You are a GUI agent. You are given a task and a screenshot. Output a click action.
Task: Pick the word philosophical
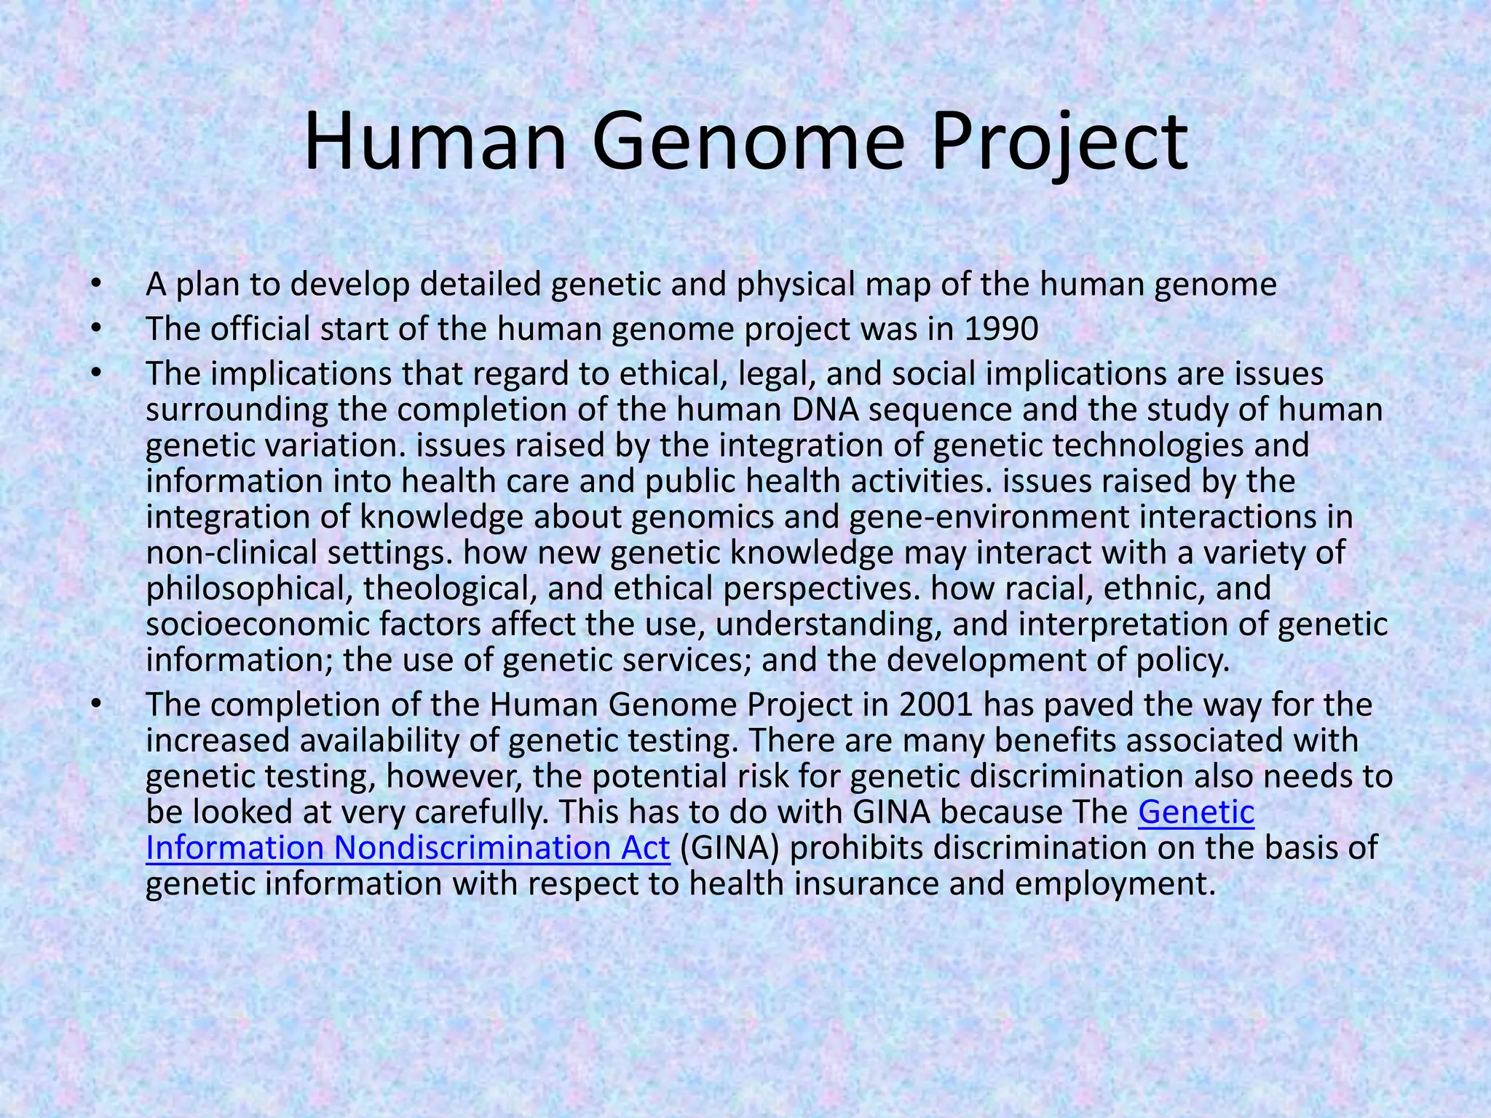pos(245,588)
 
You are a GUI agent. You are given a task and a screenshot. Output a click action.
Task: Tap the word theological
pos(450,588)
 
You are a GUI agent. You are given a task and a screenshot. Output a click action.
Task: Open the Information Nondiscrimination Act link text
pos(408,847)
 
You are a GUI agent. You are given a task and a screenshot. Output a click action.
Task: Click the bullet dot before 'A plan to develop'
pos(94,285)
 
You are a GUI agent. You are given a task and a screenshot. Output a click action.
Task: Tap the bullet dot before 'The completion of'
pos(94,705)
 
